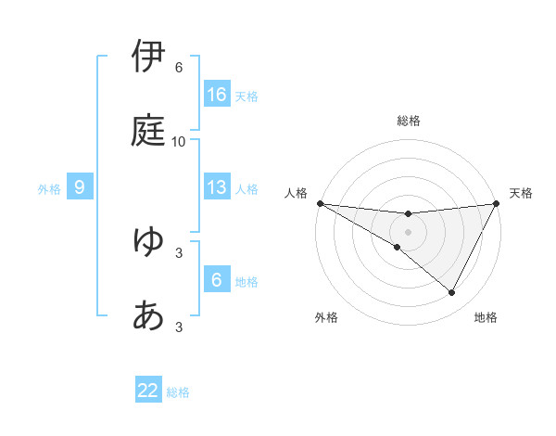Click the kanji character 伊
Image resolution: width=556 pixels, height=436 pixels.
tap(149, 57)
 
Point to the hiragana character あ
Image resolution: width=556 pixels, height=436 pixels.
tap(149, 315)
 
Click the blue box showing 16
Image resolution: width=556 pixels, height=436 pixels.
tap(217, 95)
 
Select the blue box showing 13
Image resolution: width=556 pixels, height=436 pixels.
tap(217, 187)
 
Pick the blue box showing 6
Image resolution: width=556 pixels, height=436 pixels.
tap(217, 280)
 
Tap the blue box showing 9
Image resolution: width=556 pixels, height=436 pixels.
tap(80, 187)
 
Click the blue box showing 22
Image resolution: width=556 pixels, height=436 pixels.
tap(148, 391)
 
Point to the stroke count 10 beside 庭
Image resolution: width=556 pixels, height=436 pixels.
tap(179, 142)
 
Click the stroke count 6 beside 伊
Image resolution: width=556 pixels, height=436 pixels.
tap(179, 68)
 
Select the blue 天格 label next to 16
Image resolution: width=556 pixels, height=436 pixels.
tap(246, 96)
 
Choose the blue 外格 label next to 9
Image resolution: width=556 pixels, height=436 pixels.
tap(49, 188)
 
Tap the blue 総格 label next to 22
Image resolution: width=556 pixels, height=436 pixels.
tap(178, 391)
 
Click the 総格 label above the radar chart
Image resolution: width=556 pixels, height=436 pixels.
tap(409, 121)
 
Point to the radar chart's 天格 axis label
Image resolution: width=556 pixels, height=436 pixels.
tap(521, 193)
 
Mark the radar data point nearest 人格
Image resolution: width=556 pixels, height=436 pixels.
tap(320, 202)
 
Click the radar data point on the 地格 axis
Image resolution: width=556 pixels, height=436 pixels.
tap(452, 293)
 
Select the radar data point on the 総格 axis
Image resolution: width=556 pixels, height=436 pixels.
tap(409, 214)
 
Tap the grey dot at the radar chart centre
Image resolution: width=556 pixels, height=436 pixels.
tap(409, 231)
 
